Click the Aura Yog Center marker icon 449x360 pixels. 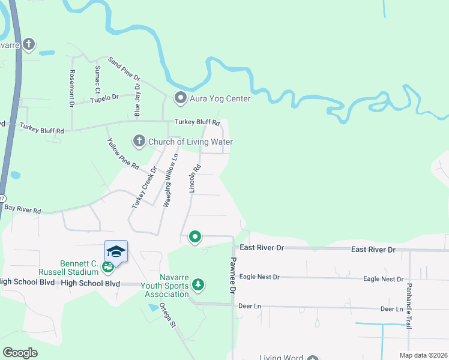(180, 98)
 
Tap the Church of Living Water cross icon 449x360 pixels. (139, 142)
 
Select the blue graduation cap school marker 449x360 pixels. (116, 251)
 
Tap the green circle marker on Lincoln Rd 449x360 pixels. (194, 238)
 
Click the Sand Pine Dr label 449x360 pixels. (124, 69)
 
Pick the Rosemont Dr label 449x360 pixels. (72, 88)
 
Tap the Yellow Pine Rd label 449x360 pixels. (122, 153)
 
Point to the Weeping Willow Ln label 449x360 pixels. (170, 180)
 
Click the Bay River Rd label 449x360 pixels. (22, 211)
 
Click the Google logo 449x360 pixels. (20, 352)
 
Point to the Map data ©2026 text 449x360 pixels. (423, 355)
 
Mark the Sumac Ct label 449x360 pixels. (97, 79)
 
